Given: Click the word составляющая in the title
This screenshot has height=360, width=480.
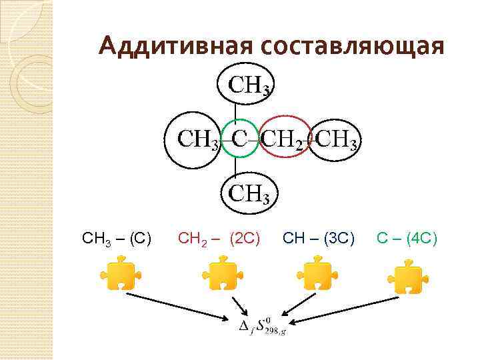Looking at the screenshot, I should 353,46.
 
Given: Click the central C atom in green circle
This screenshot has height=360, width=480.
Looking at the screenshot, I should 239,139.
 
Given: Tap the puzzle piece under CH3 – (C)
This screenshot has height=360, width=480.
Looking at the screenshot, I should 117,276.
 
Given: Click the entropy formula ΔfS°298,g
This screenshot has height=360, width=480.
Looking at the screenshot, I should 263,326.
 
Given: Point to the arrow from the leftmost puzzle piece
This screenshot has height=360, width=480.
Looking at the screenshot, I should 180,306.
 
